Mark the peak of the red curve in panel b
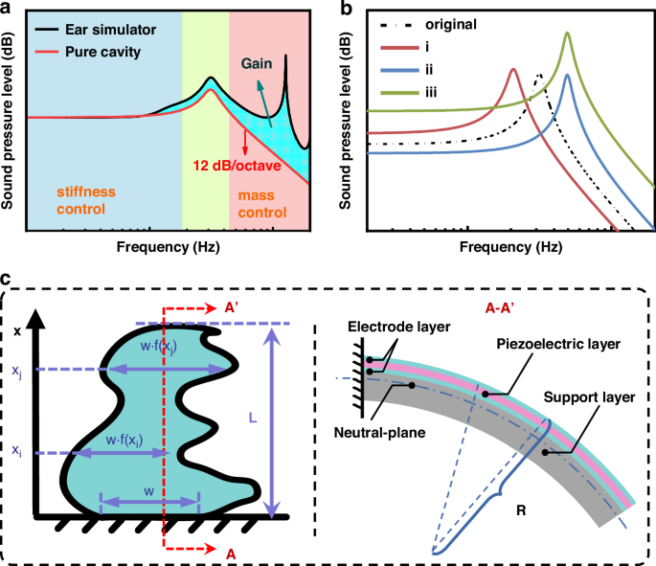pyautogui.click(x=513, y=69)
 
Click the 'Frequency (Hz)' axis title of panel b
pyautogui.click(x=504, y=246)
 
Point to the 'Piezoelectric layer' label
pyautogui.click(x=565, y=343)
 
